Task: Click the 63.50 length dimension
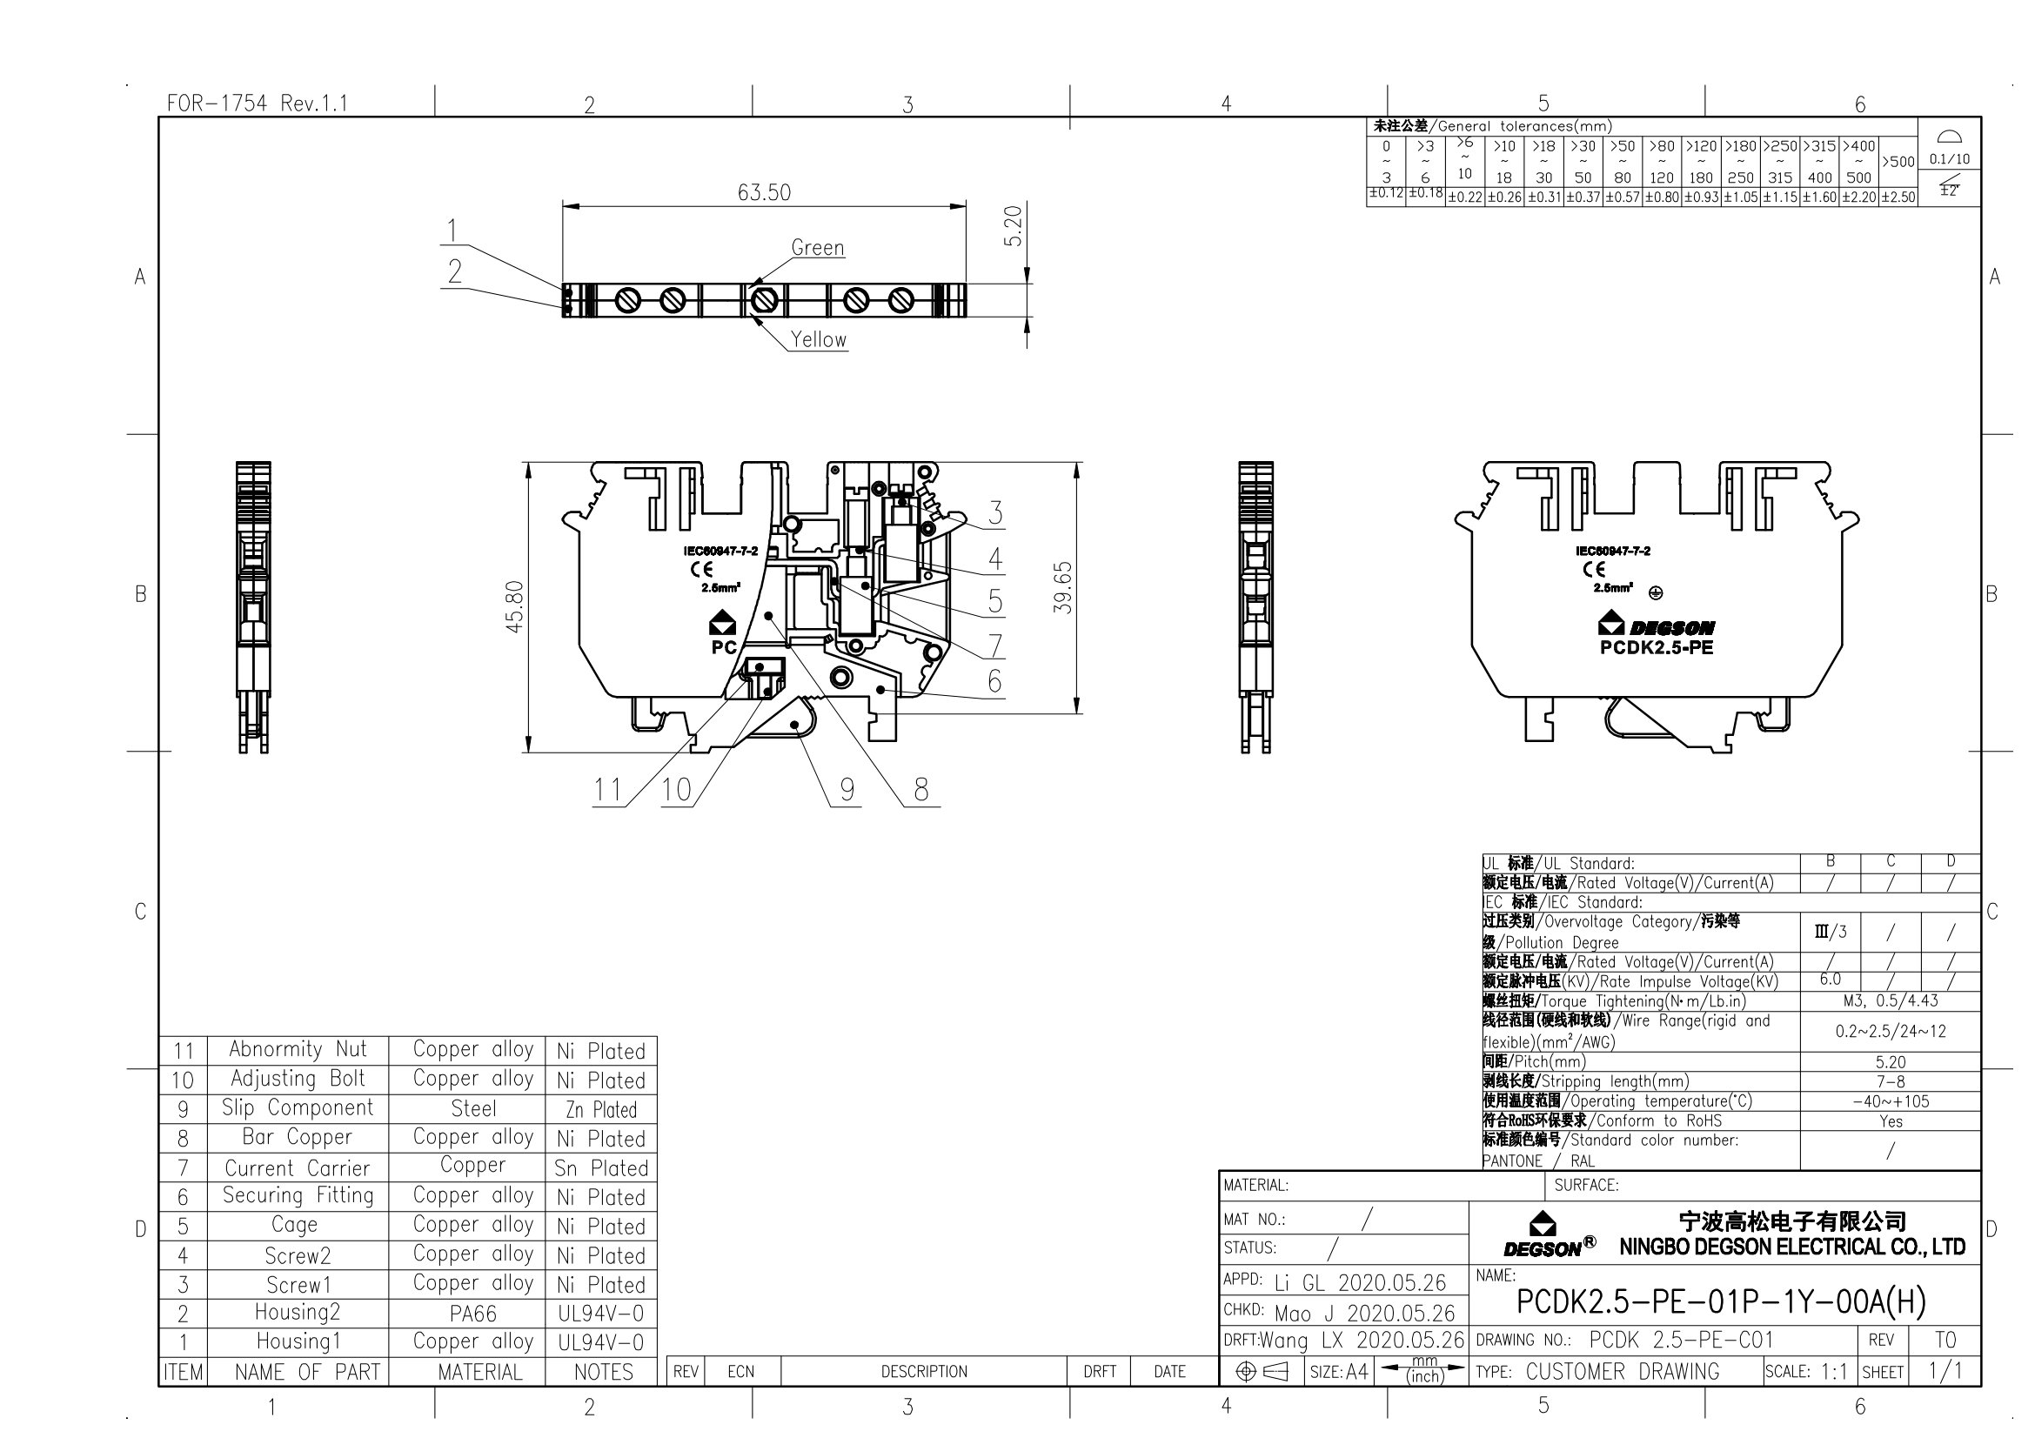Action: pyautogui.click(x=764, y=192)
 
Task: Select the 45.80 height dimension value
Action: pyautogui.click(x=515, y=607)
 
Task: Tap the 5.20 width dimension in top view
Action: pyautogui.click(x=1014, y=226)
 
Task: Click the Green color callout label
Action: pyautogui.click(x=817, y=248)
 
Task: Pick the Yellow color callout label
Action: pyautogui.click(x=818, y=339)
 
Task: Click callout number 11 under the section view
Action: pyautogui.click(x=607, y=788)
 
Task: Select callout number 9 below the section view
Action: pyautogui.click(x=847, y=788)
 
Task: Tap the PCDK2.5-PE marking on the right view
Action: pyautogui.click(x=1657, y=648)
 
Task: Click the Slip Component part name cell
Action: pyautogui.click(x=297, y=1107)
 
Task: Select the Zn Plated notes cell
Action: pyautogui.click(x=602, y=1109)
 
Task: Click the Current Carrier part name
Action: pyautogui.click(x=297, y=1167)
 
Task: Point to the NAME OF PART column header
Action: pyautogui.click(x=306, y=1372)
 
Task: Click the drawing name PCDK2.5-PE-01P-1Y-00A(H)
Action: pyautogui.click(x=1720, y=1301)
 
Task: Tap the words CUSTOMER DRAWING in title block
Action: pyautogui.click(x=1622, y=1372)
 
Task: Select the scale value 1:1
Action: pyautogui.click(x=1834, y=1372)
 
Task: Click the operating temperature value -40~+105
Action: pyautogui.click(x=1891, y=1101)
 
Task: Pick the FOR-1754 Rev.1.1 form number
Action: pyautogui.click(x=257, y=104)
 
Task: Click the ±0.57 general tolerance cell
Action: pyautogui.click(x=1622, y=197)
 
